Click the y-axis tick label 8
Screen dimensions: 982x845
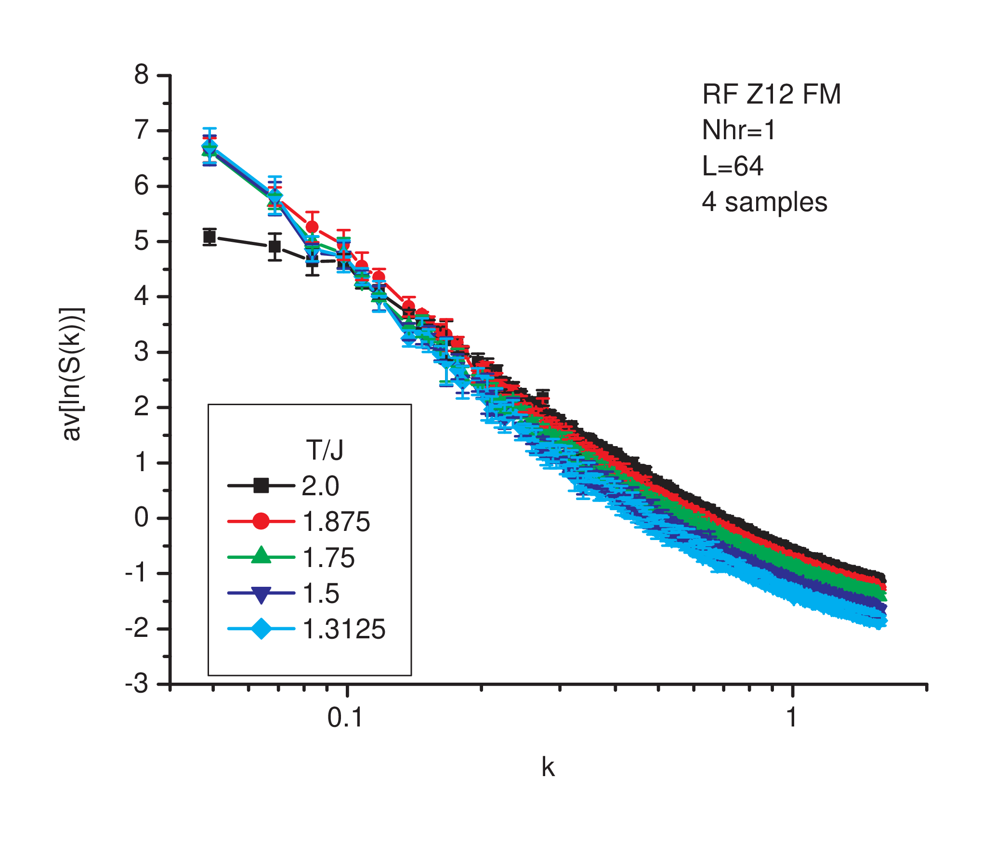[142, 75]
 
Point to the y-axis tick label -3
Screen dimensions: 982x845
[137, 684]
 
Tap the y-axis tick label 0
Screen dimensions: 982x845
[142, 518]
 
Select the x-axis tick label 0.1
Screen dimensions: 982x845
[345, 718]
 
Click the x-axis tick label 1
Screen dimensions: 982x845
[792, 718]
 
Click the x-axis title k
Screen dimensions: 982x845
[548, 766]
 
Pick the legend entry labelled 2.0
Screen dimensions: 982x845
[283, 486]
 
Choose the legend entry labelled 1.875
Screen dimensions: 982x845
[299, 521]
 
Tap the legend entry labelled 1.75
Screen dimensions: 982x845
[291, 557]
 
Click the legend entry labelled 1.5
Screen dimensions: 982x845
[283, 593]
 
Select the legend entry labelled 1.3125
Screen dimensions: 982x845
[306, 629]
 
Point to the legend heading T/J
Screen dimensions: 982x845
[325, 450]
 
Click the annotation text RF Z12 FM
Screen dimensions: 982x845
[772, 94]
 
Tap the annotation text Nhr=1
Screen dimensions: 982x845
[739, 130]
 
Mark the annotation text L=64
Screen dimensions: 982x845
[733, 166]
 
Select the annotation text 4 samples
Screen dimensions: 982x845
[765, 202]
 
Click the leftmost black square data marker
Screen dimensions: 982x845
[209, 237]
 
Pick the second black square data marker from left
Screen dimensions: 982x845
[275, 247]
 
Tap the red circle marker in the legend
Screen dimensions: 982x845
[261, 521]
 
